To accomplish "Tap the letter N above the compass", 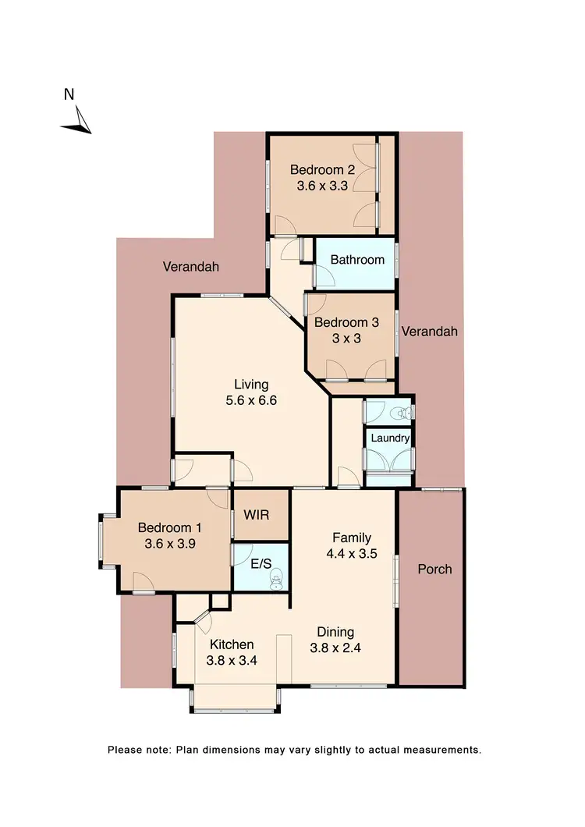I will click(x=69, y=95).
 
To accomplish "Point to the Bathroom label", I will click(x=357, y=260).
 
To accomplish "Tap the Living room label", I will click(x=251, y=384).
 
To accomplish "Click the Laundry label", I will click(x=390, y=438).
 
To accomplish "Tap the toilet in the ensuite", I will click(x=275, y=578).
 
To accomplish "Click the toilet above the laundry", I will click(x=402, y=412).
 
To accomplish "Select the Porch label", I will click(x=434, y=569).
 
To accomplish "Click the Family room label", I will click(x=351, y=538).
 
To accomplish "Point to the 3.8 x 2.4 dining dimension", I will click(x=335, y=647).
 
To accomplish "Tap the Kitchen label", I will click(x=232, y=644).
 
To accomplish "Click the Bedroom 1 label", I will click(x=169, y=527).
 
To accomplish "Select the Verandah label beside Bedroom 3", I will click(x=430, y=332).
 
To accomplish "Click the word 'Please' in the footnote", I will click(x=126, y=750).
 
